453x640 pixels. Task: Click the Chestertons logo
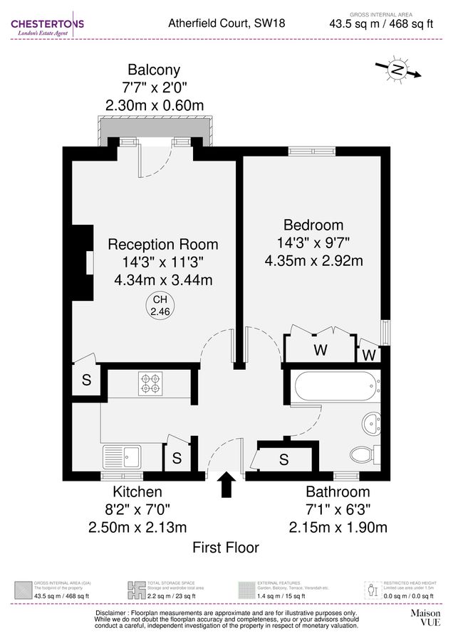coord(47,27)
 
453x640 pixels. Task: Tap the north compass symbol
coord(397,70)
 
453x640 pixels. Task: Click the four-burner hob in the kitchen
coord(150,384)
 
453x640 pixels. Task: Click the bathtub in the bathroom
coord(333,387)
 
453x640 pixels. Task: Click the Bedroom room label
coord(313,225)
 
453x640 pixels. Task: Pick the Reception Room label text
coord(163,244)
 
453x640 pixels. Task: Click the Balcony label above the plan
coord(154,70)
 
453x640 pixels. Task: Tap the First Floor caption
coord(226,548)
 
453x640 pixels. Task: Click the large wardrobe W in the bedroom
coord(321,350)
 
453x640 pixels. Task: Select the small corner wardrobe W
coord(369,354)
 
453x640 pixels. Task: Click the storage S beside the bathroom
coord(283,459)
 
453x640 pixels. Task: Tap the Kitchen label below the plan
coord(137,492)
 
